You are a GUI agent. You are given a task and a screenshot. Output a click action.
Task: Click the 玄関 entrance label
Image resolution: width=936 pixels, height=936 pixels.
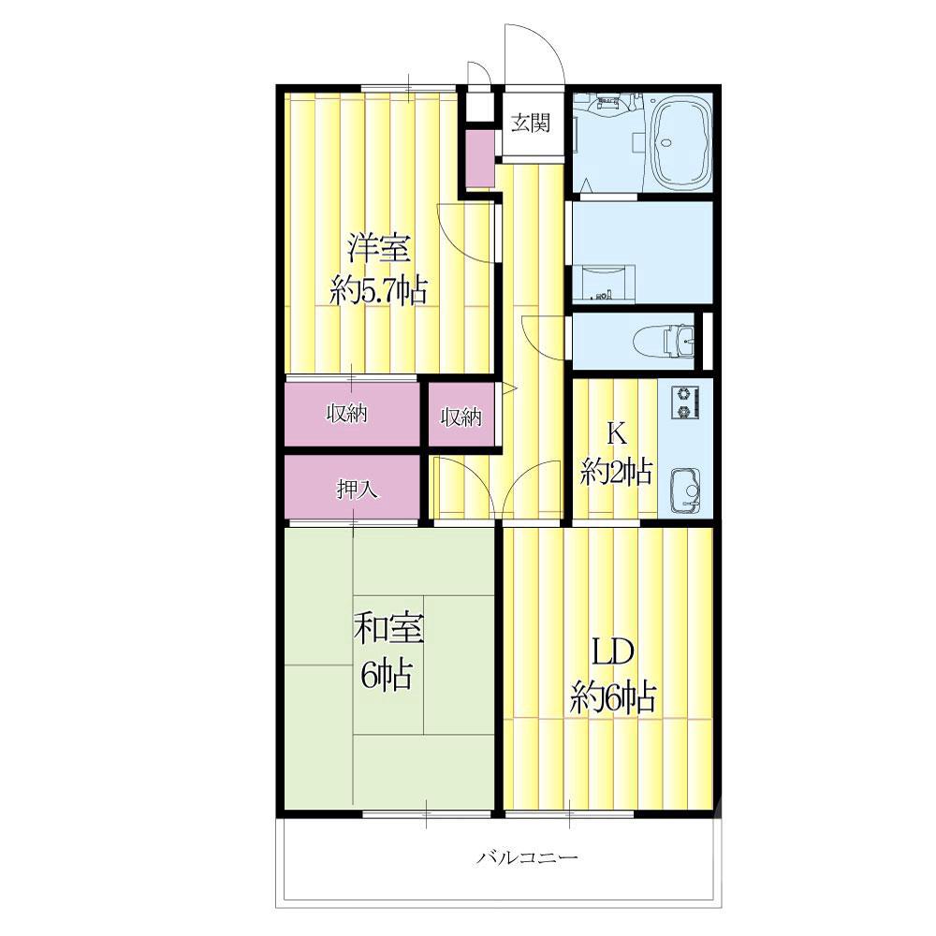[x=530, y=123]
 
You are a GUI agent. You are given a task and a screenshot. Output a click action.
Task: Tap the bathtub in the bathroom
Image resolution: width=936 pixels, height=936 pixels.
[x=681, y=141]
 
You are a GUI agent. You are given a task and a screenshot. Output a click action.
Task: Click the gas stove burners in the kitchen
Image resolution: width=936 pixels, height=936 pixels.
[x=685, y=402]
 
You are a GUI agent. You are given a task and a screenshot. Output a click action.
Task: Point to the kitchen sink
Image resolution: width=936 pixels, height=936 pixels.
[x=686, y=489]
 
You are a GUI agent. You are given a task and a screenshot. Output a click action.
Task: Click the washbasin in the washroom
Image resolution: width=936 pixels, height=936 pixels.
[x=602, y=283]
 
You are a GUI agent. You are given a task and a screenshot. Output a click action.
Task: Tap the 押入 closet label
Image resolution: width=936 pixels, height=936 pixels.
[x=358, y=490]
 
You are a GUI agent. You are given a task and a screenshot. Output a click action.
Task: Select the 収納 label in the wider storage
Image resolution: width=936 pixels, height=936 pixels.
[x=347, y=413]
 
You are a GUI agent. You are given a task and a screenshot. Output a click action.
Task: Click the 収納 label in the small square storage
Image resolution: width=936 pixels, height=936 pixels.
[x=461, y=417]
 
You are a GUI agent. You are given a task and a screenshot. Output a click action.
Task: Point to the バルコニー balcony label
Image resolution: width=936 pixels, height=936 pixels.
[x=527, y=857]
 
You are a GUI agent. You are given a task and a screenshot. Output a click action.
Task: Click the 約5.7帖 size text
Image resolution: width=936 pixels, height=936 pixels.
[x=379, y=291]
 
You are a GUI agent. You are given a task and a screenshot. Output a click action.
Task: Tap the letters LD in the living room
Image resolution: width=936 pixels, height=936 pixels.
[x=612, y=653]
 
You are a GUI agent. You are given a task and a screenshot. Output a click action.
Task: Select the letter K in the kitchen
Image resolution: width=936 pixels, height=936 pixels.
[x=617, y=434]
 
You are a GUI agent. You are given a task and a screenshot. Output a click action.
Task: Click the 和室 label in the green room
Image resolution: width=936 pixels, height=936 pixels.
[x=388, y=629]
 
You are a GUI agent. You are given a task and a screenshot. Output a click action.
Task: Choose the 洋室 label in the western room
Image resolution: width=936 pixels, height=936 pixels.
[x=380, y=248]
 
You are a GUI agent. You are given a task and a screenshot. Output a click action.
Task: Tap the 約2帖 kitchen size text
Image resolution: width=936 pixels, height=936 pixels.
[x=616, y=472]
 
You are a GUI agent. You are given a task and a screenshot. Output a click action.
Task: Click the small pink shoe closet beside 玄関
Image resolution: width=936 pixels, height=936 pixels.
[x=479, y=158]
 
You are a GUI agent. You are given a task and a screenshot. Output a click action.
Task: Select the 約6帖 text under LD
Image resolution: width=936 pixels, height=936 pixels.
[x=614, y=697]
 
